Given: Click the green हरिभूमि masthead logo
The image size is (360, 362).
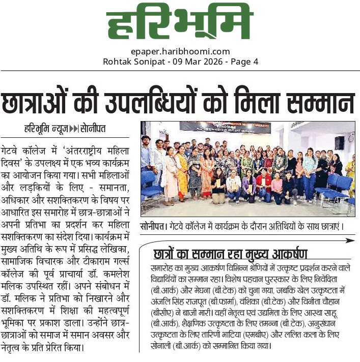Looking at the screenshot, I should coord(180,24).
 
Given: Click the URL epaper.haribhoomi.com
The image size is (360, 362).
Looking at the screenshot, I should coord(180,51).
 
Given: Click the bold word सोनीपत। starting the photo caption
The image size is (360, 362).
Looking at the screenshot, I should coord(153,225).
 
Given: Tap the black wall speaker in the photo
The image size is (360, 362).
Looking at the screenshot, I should coord(339,143).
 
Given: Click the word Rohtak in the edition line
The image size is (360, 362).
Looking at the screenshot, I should coord(117,62).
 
